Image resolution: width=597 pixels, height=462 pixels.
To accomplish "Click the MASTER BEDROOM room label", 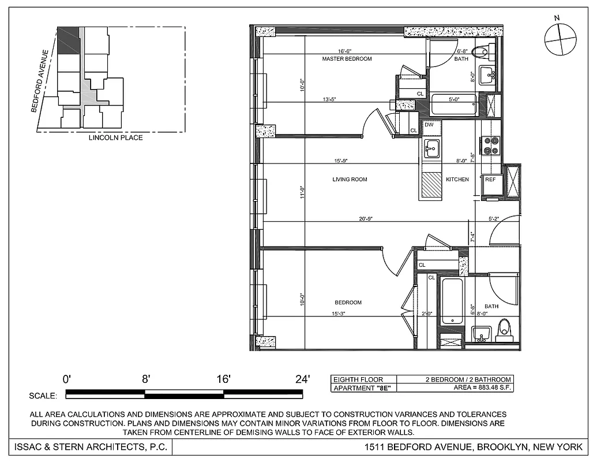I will pos(347,59).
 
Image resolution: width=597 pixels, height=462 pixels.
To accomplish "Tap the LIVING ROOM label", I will pos(350,180).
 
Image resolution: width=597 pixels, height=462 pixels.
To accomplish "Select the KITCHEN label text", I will pos(457,180).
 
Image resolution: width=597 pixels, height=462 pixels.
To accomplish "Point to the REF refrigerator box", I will pos(490,180).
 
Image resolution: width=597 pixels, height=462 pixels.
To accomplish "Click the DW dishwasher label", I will pos(429,125).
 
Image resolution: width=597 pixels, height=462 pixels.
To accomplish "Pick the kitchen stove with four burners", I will pos(491,145).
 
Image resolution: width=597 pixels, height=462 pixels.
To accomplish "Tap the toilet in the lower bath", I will pos(504,328).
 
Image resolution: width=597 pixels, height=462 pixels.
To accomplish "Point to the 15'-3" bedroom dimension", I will pos(339,314).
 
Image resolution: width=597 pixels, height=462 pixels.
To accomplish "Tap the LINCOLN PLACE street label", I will pos(115,138).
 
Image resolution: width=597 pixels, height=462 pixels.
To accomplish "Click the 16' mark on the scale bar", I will pos(223,379).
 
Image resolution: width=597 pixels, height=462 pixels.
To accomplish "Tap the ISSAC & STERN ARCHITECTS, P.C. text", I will pos(87,447).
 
